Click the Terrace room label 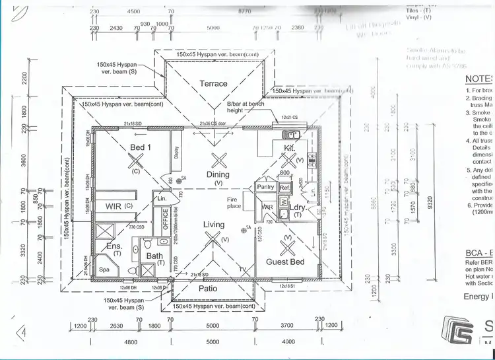click(x=213, y=84)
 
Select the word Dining click(x=218, y=175)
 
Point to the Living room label click(x=214, y=225)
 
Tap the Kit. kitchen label click(x=289, y=149)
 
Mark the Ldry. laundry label click(x=298, y=206)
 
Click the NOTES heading click(x=478, y=77)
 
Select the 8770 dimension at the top click(x=244, y=11)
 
